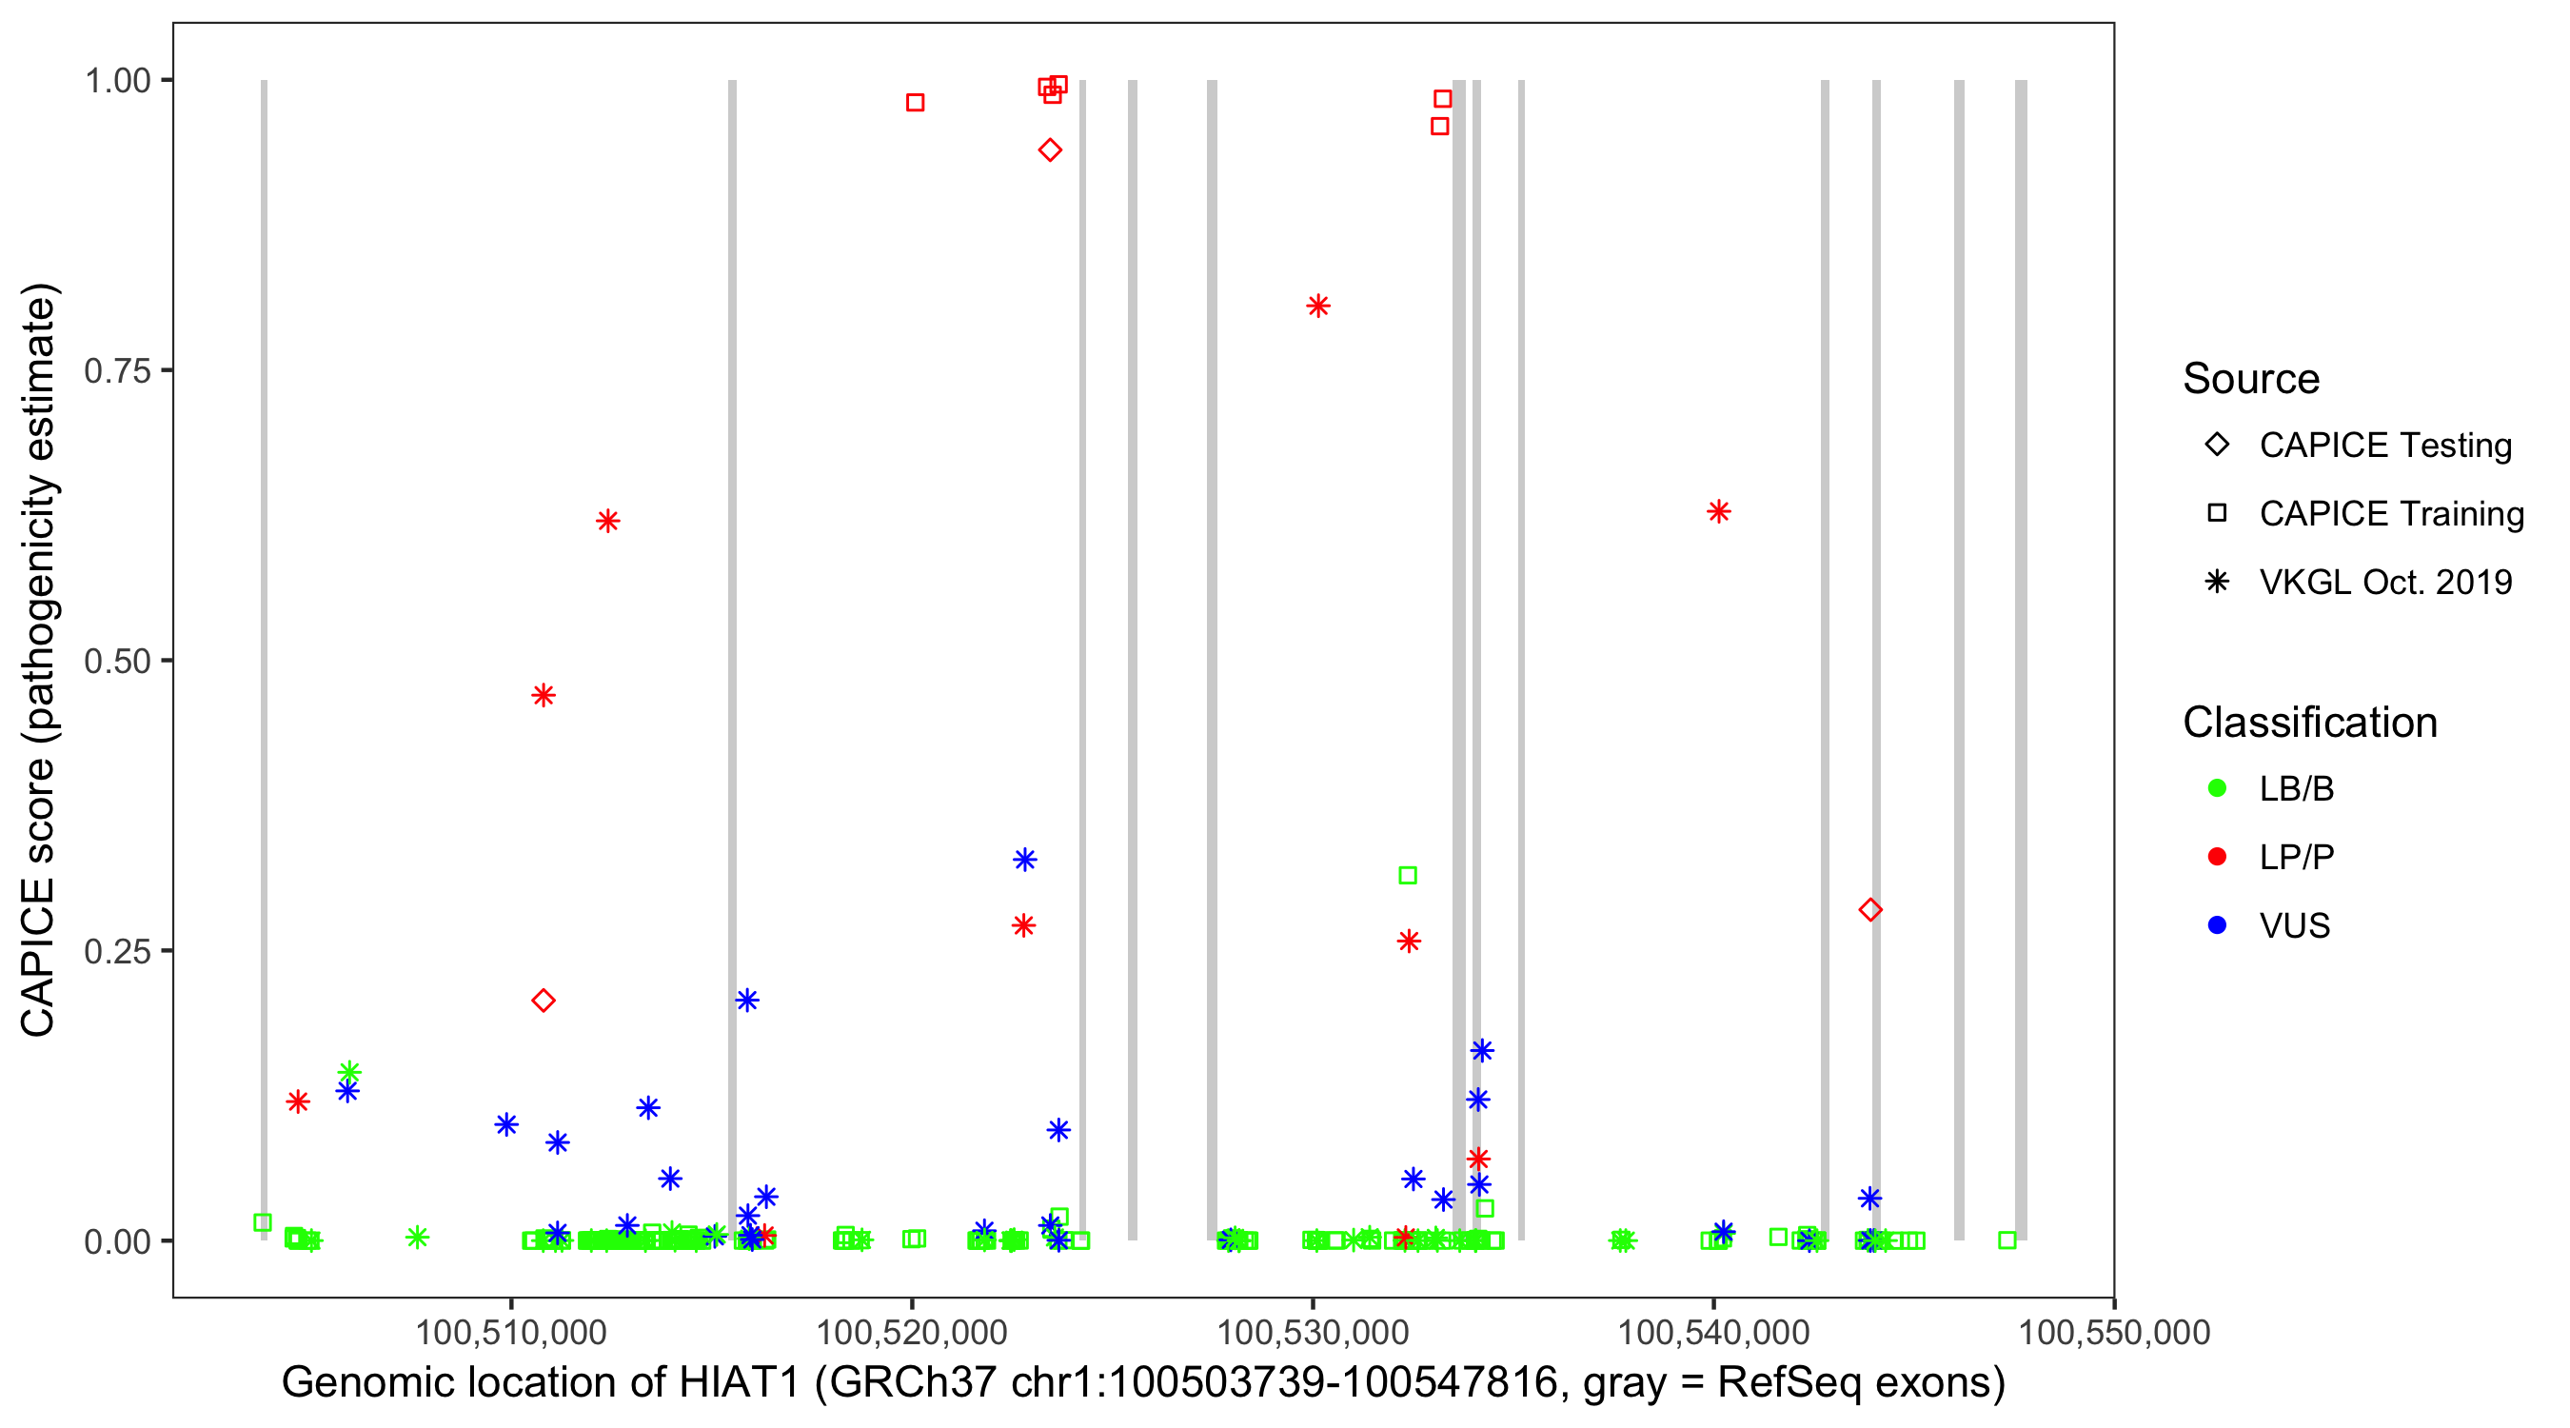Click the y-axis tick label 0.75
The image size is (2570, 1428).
pyautogui.click(x=116, y=370)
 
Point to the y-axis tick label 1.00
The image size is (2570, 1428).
pyautogui.click(x=116, y=80)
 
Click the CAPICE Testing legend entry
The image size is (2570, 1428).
pyautogui.click(x=2384, y=446)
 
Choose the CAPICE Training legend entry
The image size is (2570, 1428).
pyautogui.click(x=2390, y=513)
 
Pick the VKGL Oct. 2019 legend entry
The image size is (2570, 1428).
pyautogui.click(x=2384, y=582)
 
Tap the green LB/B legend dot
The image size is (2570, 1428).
pyautogui.click(x=2217, y=788)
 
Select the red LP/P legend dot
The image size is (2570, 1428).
pyautogui.click(x=2217, y=857)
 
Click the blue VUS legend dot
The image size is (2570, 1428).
pyautogui.click(x=2217, y=925)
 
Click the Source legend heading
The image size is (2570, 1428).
pyautogui.click(x=2251, y=379)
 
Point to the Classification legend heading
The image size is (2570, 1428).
pyautogui.click(x=2309, y=723)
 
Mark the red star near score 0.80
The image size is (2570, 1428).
pyautogui.click(x=1318, y=307)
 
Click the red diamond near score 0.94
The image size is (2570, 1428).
pyautogui.click(x=1050, y=150)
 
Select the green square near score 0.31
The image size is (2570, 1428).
pyautogui.click(x=1408, y=875)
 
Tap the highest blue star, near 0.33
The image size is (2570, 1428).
pyautogui.click(x=1024, y=860)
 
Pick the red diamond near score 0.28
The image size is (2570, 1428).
pyautogui.click(x=1870, y=910)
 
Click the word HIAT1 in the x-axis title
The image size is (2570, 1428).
pyautogui.click(x=739, y=1382)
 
